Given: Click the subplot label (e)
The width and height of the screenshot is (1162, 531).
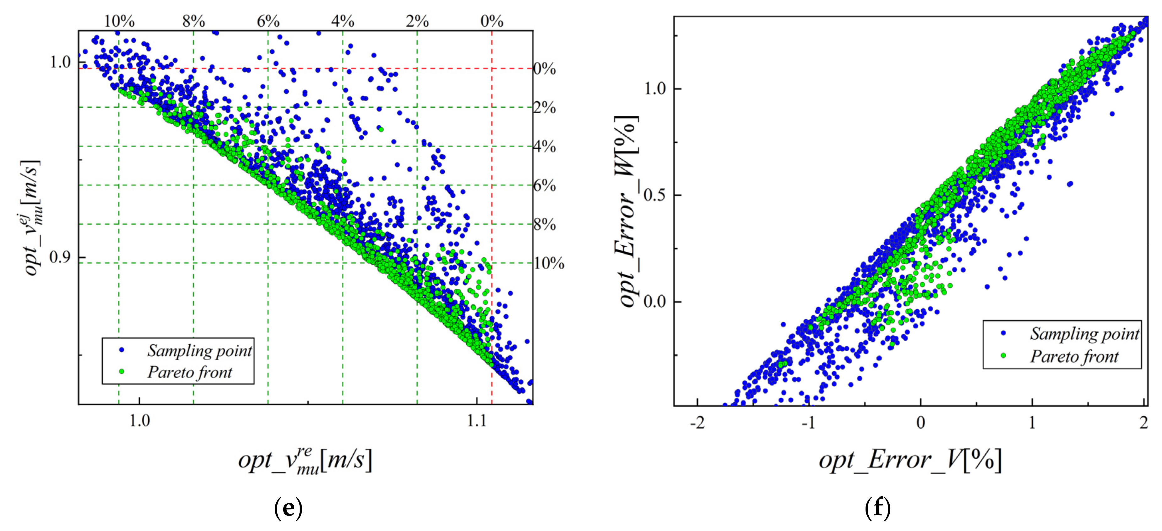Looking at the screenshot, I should (288, 508).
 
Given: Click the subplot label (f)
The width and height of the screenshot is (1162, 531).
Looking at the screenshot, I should (877, 508).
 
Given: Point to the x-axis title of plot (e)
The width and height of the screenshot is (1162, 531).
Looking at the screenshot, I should (305, 461).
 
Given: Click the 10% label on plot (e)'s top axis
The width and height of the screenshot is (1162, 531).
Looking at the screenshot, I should (119, 21).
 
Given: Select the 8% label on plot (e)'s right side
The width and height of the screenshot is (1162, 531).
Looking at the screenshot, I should (545, 224).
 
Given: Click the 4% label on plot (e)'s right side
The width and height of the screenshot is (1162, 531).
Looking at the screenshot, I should (545, 147).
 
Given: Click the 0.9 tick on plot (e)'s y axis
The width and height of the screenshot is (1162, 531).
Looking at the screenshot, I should (60, 257).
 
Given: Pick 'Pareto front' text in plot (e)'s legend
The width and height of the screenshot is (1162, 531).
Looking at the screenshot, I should (189, 372).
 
